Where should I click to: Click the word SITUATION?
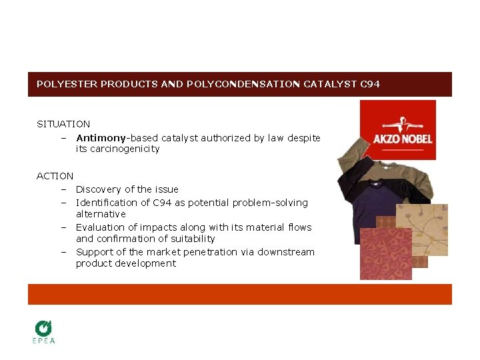[x=63, y=124]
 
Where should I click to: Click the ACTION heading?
[x=55, y=176]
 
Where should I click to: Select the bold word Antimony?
[x=101, y=138]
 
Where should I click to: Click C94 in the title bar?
[x=369, y=85]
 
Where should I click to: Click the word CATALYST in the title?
[x=329, y=85]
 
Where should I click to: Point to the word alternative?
[x=101, y=214]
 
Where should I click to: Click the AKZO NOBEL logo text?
[x=403, y=139]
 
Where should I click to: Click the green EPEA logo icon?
[x=44, y=327]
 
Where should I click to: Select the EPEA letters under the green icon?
[x=44, y=341]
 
